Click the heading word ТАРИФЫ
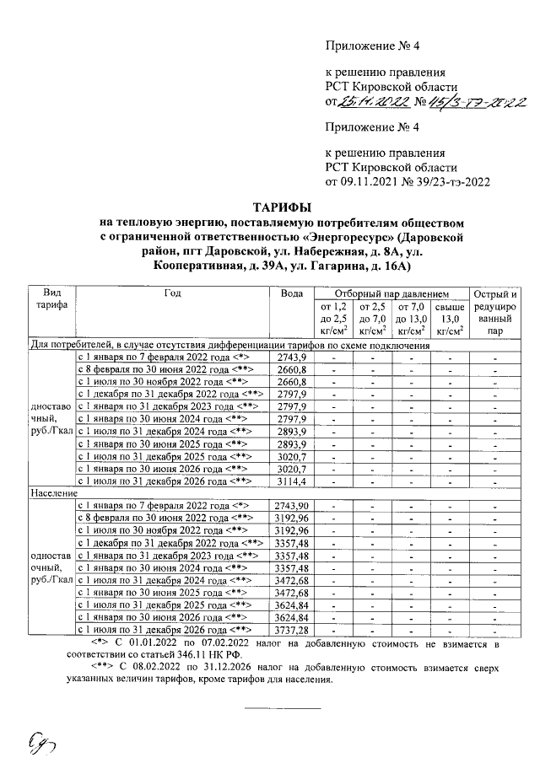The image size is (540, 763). tap(282, 207)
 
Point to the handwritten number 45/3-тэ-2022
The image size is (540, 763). tap(475, 103)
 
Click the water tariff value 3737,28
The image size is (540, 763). tap(293, 630)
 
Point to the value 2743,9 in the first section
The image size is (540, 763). tap(290, 357)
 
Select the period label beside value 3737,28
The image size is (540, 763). tap(165, 630)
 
